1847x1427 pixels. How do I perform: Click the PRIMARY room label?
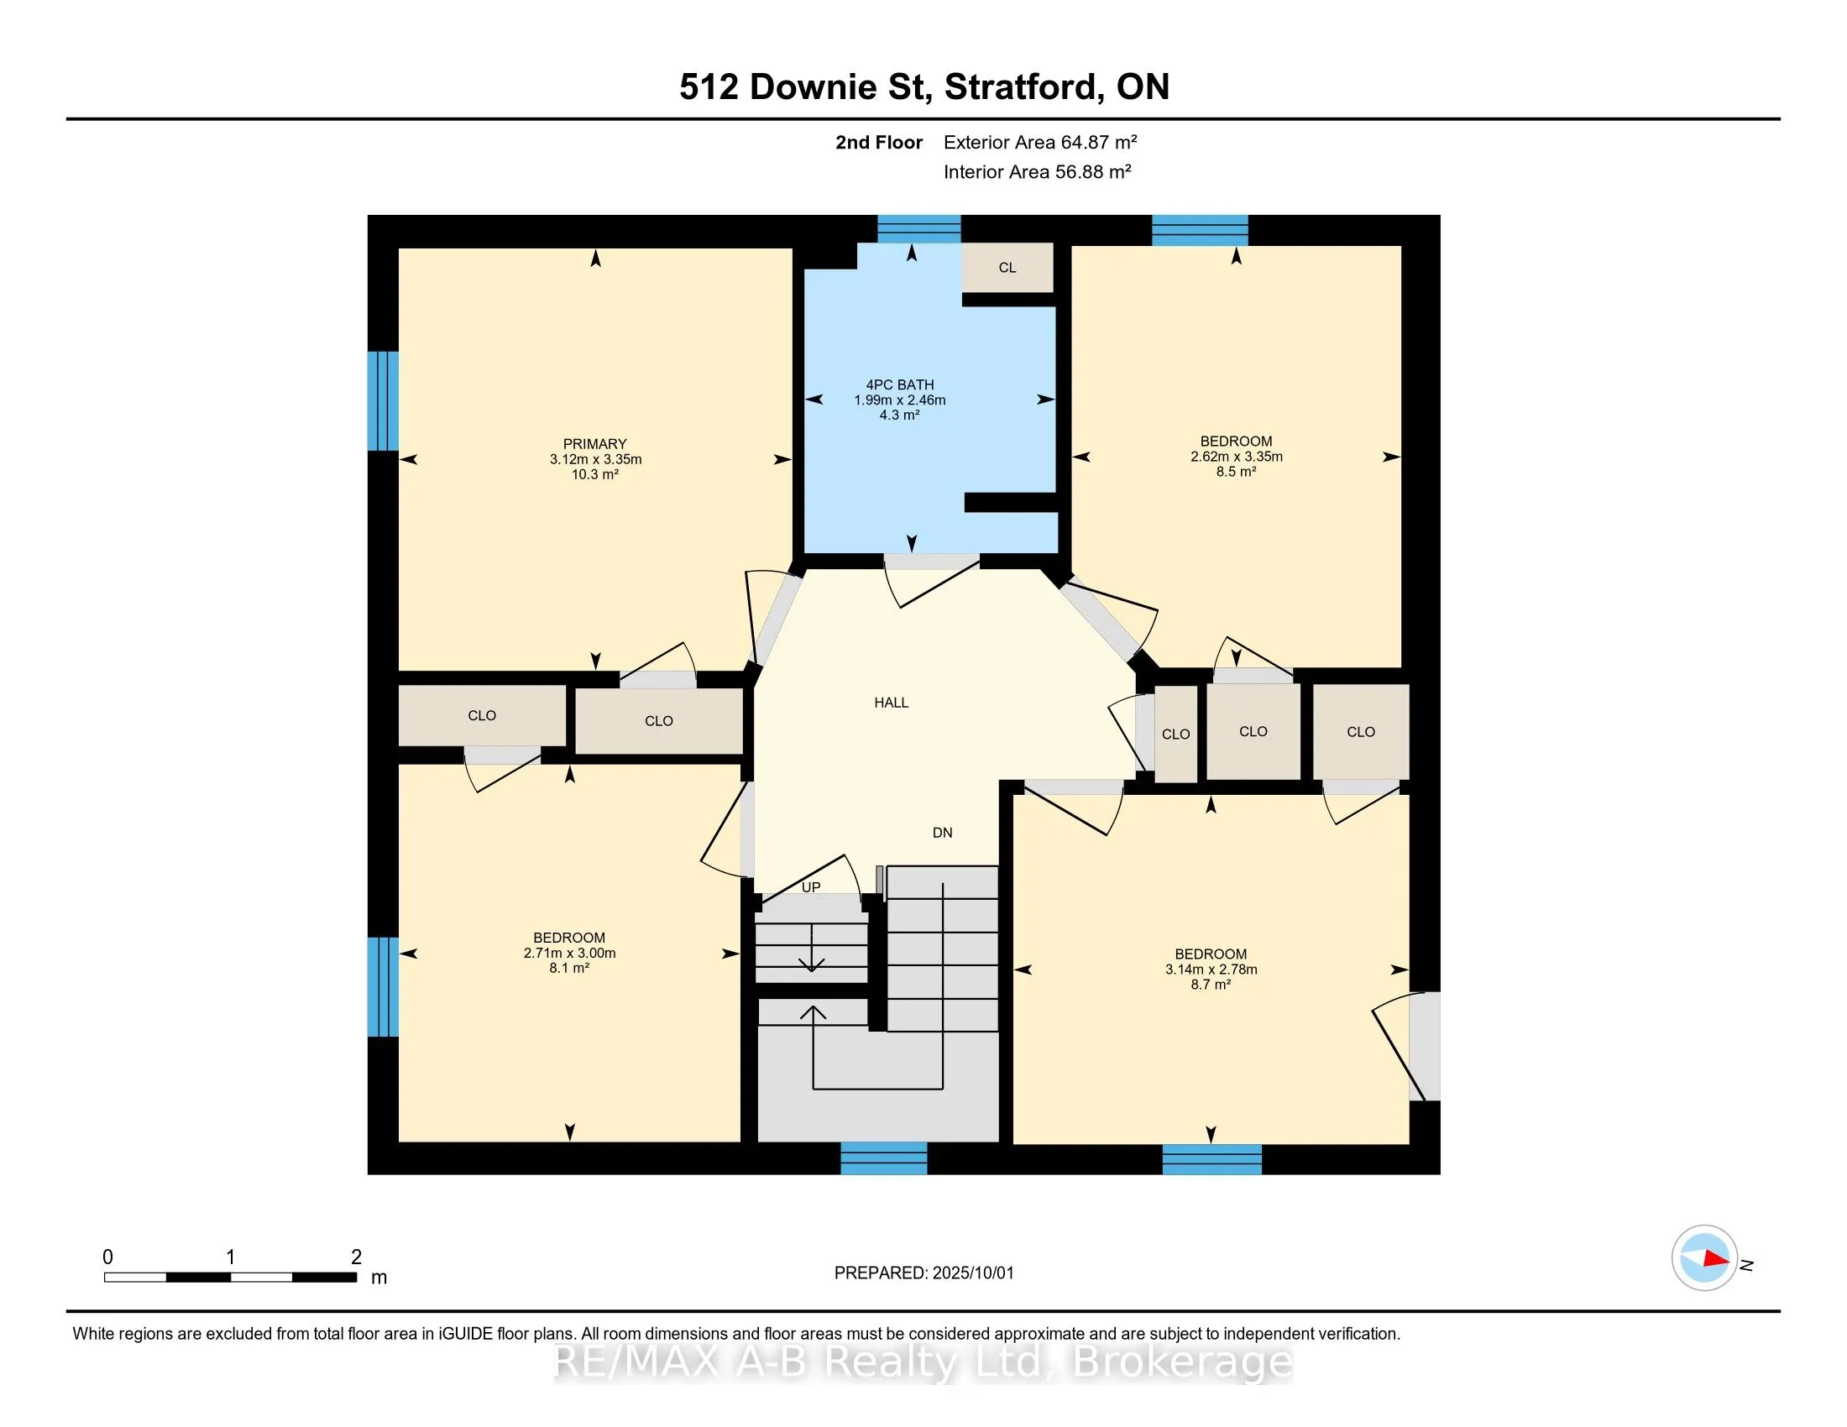pyautogui.click(x=594, y=444)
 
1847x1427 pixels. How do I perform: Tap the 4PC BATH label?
pyautogui.click(x=899, y=384)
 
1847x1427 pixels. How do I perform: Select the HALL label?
pyautogui.click(x=892, y=703)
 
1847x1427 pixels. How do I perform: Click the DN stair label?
pyautogui.click(x=942, y=833)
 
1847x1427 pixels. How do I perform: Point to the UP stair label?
pyautogui.click(x=811, y=887)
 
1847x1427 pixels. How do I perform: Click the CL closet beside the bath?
pyautogui.click(x=1007, y=268)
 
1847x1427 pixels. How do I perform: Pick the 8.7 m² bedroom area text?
pyautogui.click(x=1211, y=985)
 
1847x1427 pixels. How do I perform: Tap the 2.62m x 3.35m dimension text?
pyautogui.click(x=1237, y=457)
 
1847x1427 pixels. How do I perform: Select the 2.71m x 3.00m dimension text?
pyautogui.click(x=569, y=953)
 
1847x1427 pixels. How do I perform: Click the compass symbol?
pyautogui.click(x=1704, y=1258)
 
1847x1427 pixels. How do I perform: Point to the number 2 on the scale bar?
pyautogui.click(x=356, y=1257)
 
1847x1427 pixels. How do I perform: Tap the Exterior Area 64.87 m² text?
pyautogui.click(x=1040, y=142)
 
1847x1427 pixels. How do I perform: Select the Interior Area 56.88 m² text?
pyautogui.click(x=1038, y=171)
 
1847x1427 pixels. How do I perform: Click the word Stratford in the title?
pyautogui.click(x=1023, y=87)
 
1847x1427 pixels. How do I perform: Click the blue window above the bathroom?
pyautogui.click(x=919, y=229)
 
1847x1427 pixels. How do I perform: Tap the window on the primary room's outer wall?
pyautogui.click(x=383, y=400)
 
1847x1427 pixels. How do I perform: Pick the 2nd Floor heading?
pyautogui.click(x=879, y=142)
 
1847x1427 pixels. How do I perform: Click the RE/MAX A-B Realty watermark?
pyautogui.click(x=923, y=1362)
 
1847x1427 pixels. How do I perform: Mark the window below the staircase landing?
pyautogui.click(x=884, y=1158)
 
